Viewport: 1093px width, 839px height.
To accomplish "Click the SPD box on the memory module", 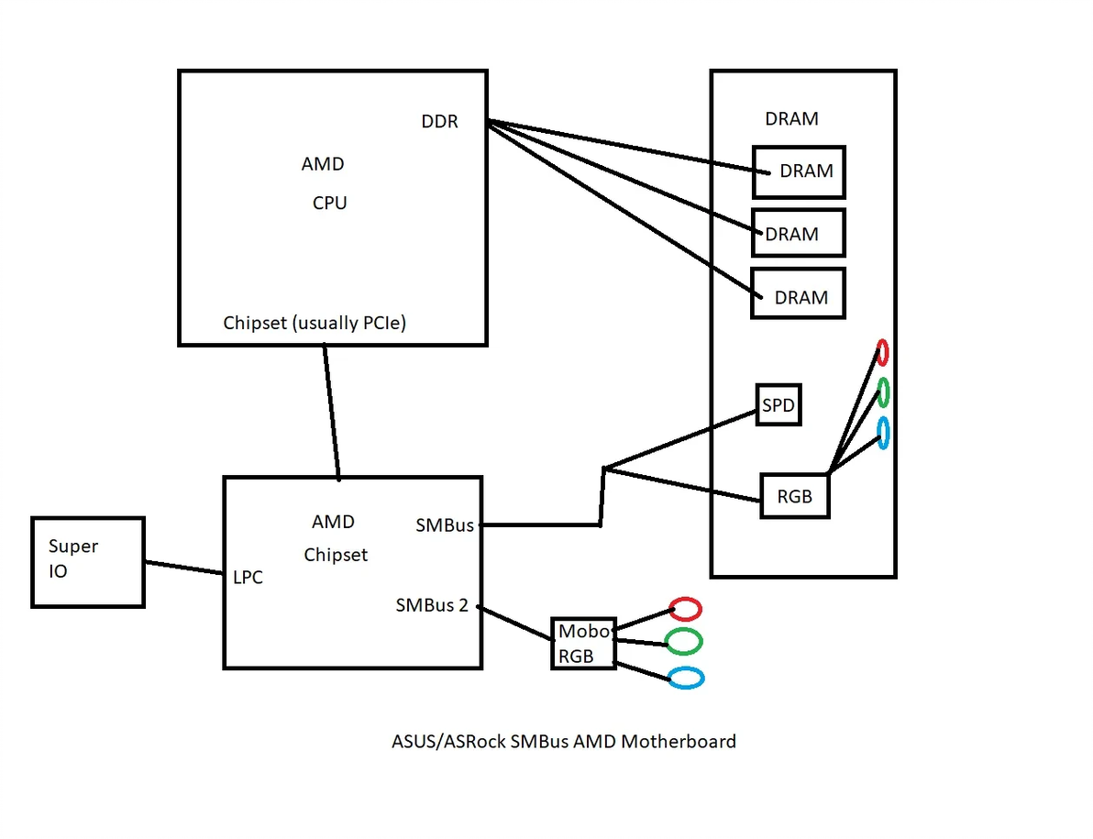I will click(x=778, y=404).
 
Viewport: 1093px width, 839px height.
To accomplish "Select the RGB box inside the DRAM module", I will click(x=794, y=496).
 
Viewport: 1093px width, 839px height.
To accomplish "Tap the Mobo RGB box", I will click(x=583, y=644).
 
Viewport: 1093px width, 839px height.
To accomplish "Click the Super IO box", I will click(x=88, y=562).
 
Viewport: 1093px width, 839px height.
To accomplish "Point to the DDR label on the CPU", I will click(x=440, y=121).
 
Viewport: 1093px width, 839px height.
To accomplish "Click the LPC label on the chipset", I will click(x=248, y=578).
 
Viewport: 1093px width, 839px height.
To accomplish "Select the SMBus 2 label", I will click(x=432, y=605).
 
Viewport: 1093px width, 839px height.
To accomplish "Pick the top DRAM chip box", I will click(x=799, y=171).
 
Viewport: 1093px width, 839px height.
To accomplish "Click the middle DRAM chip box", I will click(x=798, y=233).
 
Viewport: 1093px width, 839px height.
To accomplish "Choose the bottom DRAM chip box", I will click(x=798, y=294).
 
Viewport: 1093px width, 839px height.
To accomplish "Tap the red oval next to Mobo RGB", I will click(x=685, y=608).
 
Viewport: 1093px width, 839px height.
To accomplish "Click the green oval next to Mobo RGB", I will click(x=684, y=641).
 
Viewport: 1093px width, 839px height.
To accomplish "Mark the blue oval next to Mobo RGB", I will click(x=686, y=678).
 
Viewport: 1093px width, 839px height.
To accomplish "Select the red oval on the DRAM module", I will click(x=882, y=351).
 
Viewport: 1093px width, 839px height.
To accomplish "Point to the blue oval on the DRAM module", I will click(x=883, y=433).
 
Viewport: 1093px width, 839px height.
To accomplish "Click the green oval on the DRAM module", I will click(x=883, y=392).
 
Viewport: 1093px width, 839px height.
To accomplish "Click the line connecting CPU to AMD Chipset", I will click(x=331, y=411).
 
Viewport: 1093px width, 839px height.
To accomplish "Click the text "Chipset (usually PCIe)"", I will click(x=315, y=324).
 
